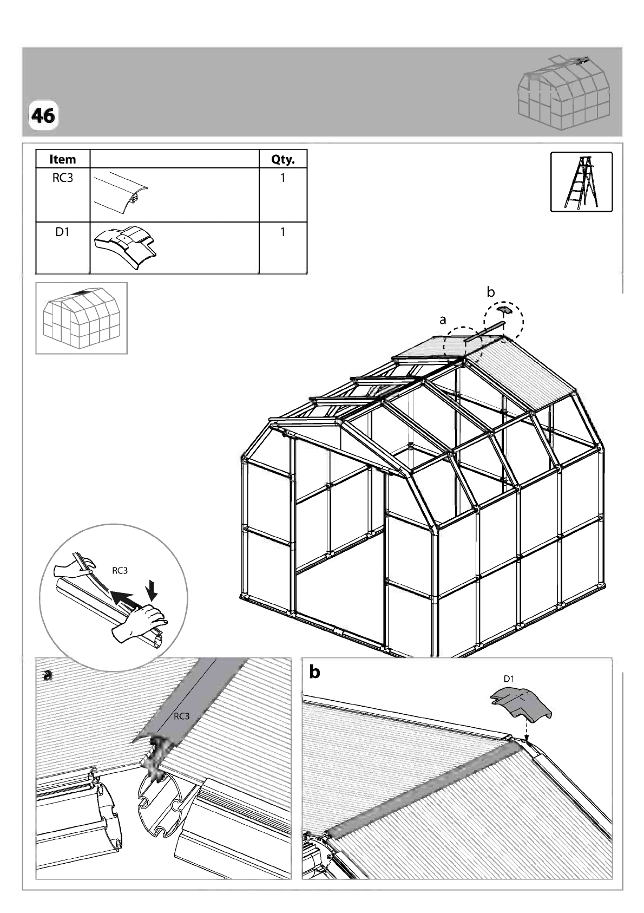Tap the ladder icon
581,182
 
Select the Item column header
62,159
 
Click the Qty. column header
282,159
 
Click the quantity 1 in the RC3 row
282,178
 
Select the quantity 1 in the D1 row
282,232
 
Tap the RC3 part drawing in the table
121,193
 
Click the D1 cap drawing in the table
125,248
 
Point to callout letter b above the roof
491,292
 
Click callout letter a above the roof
443,321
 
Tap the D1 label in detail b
509,679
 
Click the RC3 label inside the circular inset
120,571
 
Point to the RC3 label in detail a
182,716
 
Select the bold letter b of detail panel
314,671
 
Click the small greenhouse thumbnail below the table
82,318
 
